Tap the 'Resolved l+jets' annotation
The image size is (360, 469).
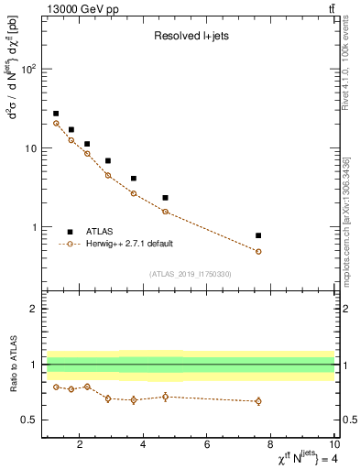(x=191, y=37)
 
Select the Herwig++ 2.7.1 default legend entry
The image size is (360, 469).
(x=128, y=244)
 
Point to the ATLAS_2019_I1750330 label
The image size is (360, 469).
(x=190, y=274)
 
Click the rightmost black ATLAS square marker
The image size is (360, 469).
(x=258, y=235)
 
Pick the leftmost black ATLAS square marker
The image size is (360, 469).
(x=56, y=114)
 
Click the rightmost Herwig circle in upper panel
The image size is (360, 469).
(x=258, y=251)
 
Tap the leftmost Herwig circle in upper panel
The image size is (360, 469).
(x=56, y=123)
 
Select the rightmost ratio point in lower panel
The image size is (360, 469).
(x=258, y=401)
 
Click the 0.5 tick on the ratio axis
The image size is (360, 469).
(x=30, y=420)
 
